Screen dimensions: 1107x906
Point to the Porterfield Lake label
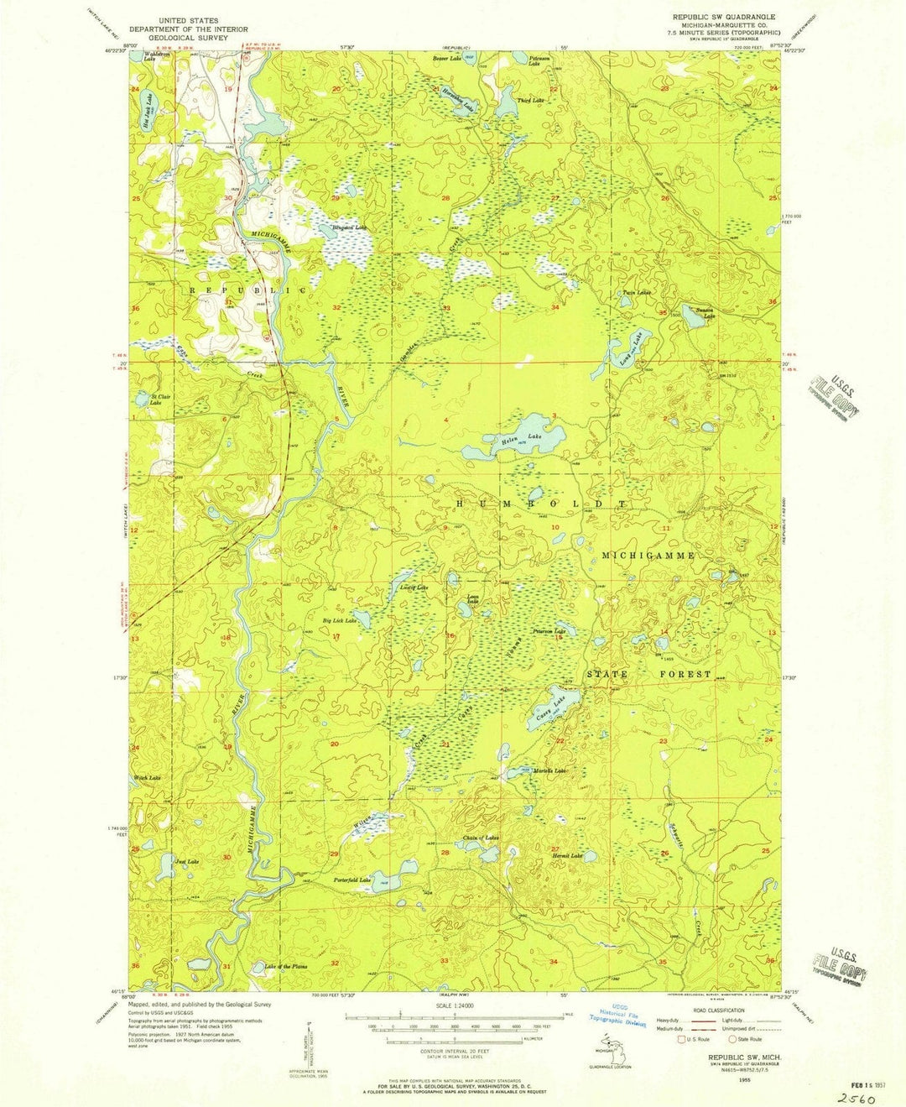coord(352,880)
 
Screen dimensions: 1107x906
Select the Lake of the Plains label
coord(286,966)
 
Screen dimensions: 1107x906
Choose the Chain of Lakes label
coord(481,838)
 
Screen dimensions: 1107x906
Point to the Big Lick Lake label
coord(341,621)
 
